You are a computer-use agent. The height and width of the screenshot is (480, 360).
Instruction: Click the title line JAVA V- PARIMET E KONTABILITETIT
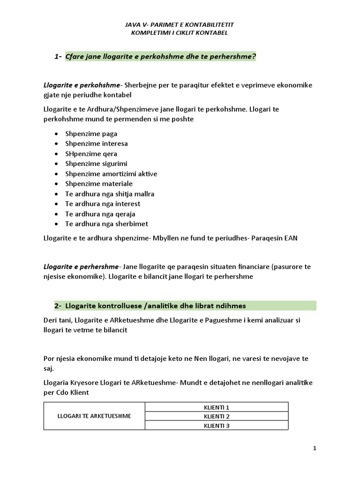[x=180, y=24]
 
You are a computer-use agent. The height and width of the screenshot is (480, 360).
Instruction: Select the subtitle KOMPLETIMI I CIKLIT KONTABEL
[x=180, y=33]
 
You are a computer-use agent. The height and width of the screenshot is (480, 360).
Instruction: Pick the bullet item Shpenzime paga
[x=91, y=134]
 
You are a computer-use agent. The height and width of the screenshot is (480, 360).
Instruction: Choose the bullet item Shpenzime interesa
[x=96, y=143]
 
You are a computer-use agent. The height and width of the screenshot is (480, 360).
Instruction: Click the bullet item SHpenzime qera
[x=91, y=154]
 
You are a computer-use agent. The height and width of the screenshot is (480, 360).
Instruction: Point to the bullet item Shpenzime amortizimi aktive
[x=111, y=173]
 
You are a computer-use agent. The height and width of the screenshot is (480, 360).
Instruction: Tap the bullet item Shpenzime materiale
[x=98, y=184]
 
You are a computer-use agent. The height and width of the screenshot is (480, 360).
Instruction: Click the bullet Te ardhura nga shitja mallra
[x=110, y=194]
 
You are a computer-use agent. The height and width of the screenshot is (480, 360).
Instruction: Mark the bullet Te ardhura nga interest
[x=103, y=204]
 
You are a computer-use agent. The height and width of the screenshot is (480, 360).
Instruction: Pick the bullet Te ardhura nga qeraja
[x=100, y=214]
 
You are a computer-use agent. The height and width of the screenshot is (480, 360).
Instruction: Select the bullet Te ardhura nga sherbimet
[x=106, y=224]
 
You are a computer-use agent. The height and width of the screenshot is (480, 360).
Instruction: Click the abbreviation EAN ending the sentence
[x=290, y=238]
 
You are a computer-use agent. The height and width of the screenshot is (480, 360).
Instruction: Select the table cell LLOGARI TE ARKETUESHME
[x=94, y=416]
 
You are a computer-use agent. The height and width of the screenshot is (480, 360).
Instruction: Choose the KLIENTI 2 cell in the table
[x=217, y=416]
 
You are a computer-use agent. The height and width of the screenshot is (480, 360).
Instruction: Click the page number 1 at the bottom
[x=315, y=449]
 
